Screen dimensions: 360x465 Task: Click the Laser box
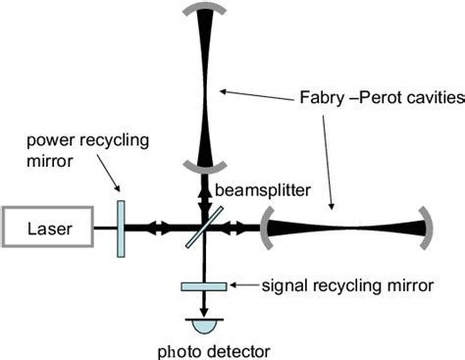pyautogui.click(x=47, y=228)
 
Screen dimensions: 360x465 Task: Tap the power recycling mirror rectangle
pyautogui.click(x=120, y=228)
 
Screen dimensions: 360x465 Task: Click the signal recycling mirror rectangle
pyautogui.click(x=204, y=285)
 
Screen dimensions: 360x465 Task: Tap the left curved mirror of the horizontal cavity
pyautogui.click(x=266, y=228)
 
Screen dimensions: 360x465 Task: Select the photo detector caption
pyautogui.click(x=204, y=349)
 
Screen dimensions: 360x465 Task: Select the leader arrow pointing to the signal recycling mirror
pyautogui.click(x=243, y=285)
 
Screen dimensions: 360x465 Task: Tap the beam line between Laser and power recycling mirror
pyautogui.click(x=104, y=228)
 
